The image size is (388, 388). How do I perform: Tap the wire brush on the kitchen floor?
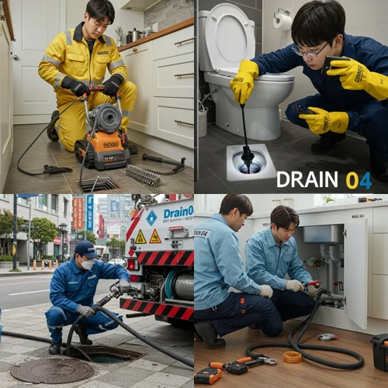click(143, 175)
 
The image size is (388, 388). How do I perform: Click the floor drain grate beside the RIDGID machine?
click(99, 184)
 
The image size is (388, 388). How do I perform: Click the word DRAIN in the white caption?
click(307, 180)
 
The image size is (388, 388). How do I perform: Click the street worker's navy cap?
click(86, 249)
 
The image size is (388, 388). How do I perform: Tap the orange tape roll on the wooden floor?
click(293, 357)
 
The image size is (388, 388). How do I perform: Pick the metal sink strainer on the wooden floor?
click(327, 337)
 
